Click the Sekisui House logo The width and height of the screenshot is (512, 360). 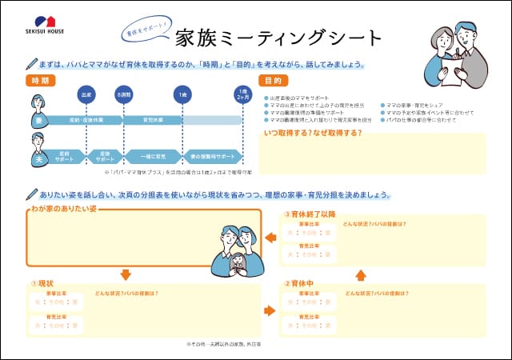point(49,24)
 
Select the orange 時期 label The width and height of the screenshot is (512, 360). point(40,81)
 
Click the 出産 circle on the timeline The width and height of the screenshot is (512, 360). point(86,94)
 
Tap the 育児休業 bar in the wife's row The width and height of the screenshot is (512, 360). point(151,120)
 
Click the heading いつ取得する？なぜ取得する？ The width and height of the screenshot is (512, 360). point(312,132)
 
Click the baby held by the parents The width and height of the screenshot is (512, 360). point(236,262)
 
